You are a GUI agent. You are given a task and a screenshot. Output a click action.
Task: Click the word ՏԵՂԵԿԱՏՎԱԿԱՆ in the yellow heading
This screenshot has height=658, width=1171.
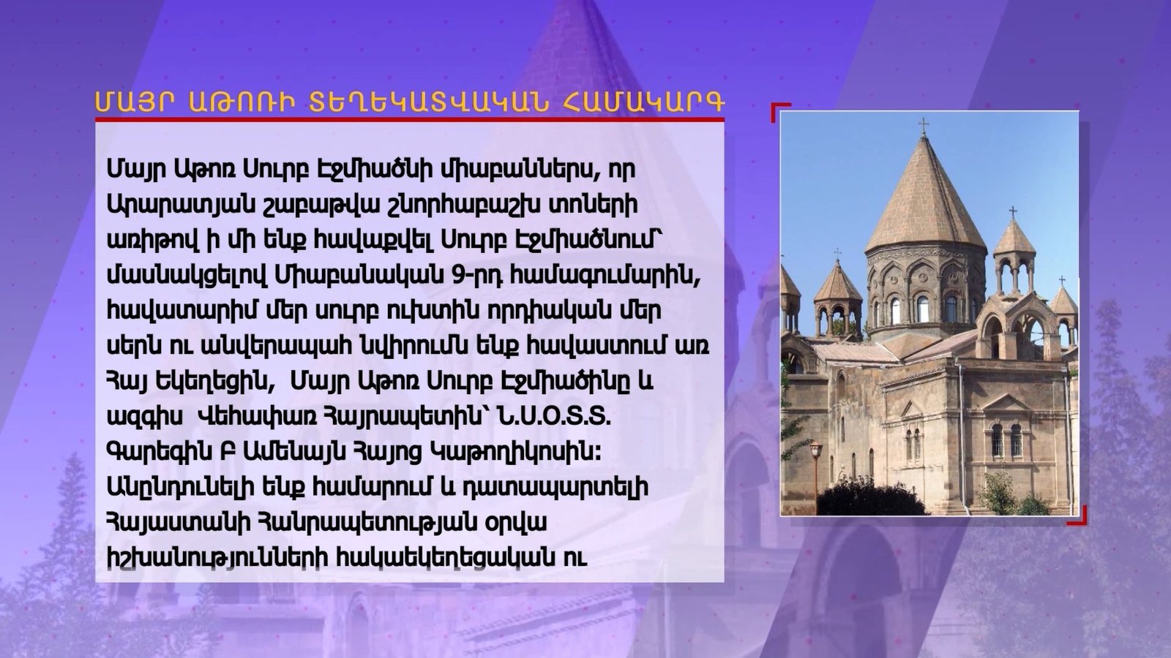[429, 102]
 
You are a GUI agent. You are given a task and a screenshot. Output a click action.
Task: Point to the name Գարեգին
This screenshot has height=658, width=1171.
[157, 453]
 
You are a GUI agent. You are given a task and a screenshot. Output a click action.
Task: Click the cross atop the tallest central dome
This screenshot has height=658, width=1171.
[924, 126]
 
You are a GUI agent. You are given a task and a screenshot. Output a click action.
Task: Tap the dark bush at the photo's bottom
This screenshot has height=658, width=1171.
[870, 500]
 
